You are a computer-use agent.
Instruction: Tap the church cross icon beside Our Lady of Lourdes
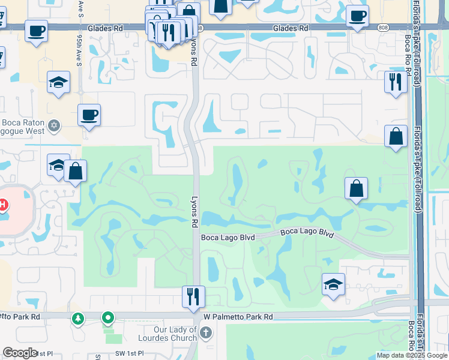click(x=205, y=332)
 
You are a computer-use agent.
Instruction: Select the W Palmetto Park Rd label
click(x=238, y=316)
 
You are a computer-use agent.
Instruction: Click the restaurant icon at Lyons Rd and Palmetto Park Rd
click(x=193, y=296)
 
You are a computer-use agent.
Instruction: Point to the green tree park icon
click(x=78, y=318)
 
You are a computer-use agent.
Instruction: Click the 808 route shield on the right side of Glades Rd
click(x=382, y=28)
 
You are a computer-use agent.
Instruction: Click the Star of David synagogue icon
click(x=54, y=125)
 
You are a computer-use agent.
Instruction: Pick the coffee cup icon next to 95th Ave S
click(x=89, y=115)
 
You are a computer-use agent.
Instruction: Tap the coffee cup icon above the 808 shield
click(x=357, y=16)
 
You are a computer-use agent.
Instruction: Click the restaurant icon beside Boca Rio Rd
click(x=396, y=82)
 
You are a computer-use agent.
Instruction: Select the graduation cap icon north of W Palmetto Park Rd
click(x=333, y=284)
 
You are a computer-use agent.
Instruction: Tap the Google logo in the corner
click(x=20, y=353)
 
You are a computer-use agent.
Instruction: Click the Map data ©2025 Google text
click(x=412, y=355)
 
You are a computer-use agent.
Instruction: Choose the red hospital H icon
click(x=2, y=205)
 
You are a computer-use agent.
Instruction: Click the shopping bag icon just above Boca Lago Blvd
click(x=356, y=188)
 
